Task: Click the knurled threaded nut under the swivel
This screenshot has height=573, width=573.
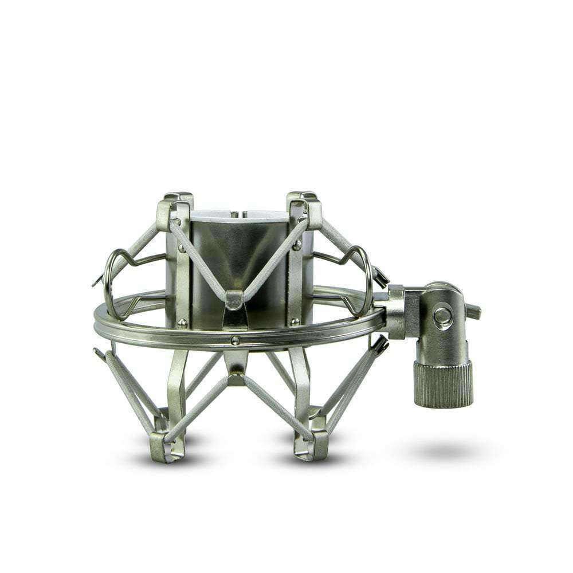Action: pyautogui.click(x=443, y=383)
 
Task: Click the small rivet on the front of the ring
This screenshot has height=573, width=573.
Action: pyautogui.click(x=235, y=340)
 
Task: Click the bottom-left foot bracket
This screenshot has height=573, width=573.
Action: pyautogui.click(x=164, y=444)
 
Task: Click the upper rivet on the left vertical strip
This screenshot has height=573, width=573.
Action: pyautogui.click(x=182, y=248)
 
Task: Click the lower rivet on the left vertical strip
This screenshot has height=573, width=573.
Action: pyautogui.click(x=182, y=323)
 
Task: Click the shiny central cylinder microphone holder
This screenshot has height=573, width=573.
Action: pyautogui.click(x=241, y=258)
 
